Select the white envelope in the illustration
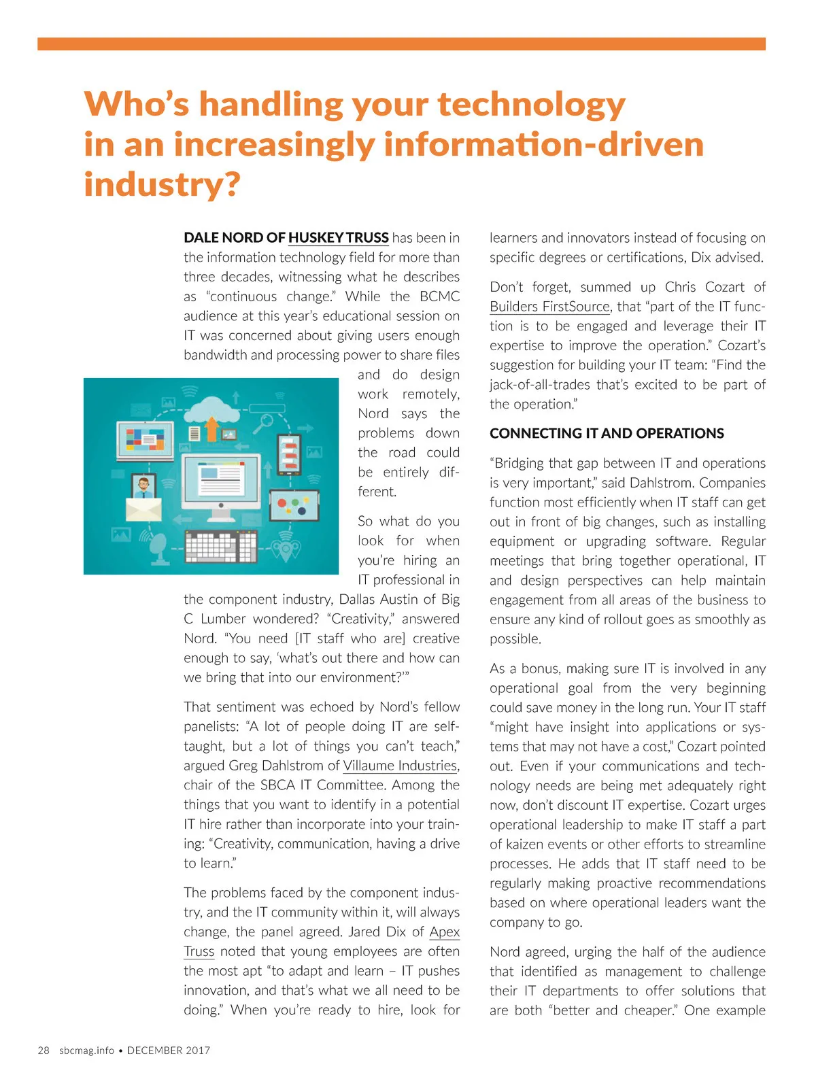click(x=143, y=509)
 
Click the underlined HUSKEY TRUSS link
click(x=338, y=238)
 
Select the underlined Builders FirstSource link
click(x=549, y=307)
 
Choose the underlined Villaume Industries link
click(x=400, y=766)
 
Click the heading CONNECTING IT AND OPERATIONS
click(x=607, y=434)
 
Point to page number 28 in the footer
click(x=44, y=1051)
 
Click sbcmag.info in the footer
click(x=86, y=1051)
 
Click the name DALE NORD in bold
click(x=224, y=238)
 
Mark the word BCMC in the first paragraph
click(x=439, y=296)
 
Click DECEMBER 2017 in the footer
click(x=169, y=1051)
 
